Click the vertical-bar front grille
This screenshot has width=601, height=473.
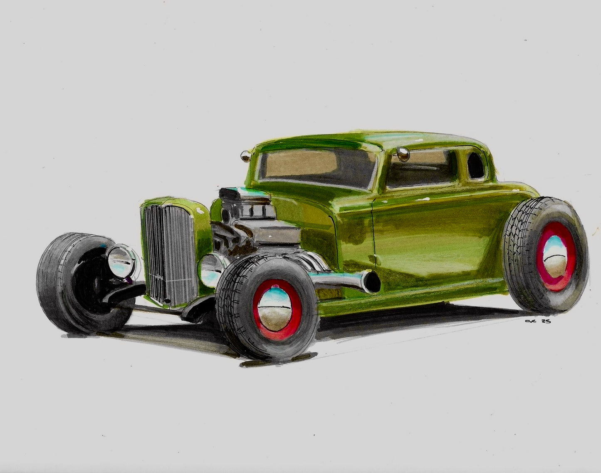click(168, 254)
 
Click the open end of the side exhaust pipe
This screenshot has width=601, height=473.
click(373, 282)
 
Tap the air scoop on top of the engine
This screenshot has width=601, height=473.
click(237, 194)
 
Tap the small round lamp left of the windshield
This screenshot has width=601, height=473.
click(245, 156)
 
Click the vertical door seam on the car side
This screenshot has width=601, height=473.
click(373, 233)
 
